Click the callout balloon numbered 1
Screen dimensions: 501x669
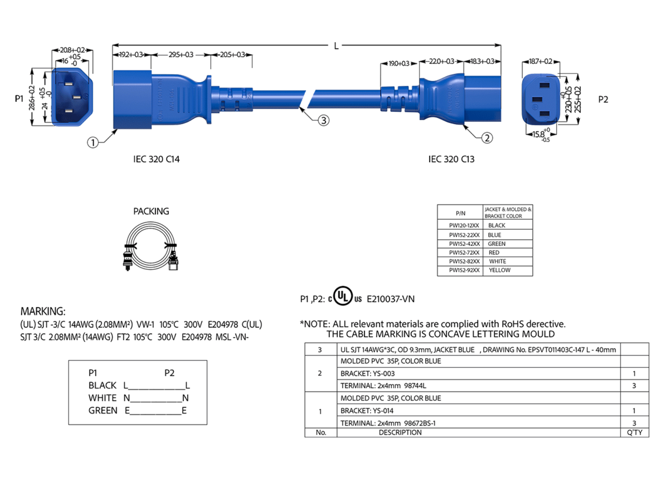pos(93,143)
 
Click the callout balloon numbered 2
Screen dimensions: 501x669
pos(487,137)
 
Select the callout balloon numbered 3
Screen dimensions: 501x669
pos(323,120)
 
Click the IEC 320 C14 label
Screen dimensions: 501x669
pos(157,159)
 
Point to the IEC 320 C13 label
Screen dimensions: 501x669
pos(451,159)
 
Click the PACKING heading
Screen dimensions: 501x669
pos(151,211)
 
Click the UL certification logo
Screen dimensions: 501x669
pos(345,296)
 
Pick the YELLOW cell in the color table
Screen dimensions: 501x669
pos(499,270)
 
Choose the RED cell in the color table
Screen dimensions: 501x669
pos(494,253)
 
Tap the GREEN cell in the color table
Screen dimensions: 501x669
pos(497,244)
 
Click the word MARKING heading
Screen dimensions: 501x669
pos(43,311)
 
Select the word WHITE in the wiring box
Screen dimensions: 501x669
pos(103,398)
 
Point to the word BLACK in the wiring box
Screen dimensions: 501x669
pos(103,385)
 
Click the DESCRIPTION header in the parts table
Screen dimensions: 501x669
pos(400,433)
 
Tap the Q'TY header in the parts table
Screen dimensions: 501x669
pos(634,433)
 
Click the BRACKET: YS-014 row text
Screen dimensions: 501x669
pos(367,410)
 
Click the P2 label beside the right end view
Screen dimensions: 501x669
pos(603,99)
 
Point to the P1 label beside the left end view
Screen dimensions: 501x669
pos(20,99)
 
